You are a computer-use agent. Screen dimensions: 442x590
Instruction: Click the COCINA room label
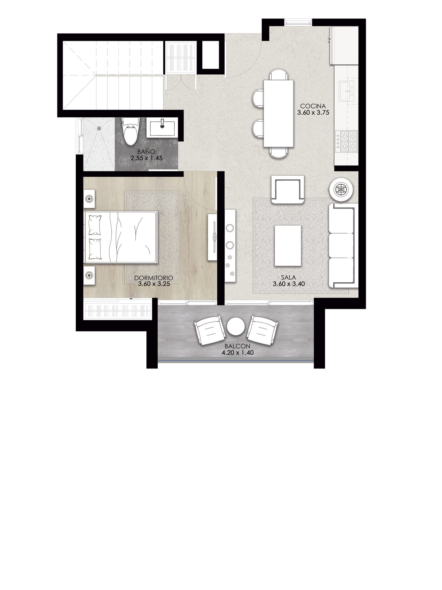(x=313, y=106)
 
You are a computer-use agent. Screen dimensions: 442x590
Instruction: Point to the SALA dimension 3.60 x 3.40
(x=289, y=284)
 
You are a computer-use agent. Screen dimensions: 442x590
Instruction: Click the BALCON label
(x=237, y=347)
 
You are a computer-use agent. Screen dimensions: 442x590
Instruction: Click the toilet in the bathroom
(x=130, y=132)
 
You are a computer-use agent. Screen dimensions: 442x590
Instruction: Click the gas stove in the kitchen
(x=347, y=142)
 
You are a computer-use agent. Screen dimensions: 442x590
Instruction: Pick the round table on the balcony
(x=236, y=326)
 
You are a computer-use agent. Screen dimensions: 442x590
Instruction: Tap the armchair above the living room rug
(x=288, y=190)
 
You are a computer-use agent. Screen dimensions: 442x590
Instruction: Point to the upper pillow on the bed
(x=95, y=224)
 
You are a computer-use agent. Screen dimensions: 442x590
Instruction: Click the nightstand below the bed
(x=90, y=275)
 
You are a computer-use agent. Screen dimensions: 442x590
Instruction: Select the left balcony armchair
(x=209, y=329)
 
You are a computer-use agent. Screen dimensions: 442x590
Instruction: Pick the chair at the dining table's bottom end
(x=279, y=152)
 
